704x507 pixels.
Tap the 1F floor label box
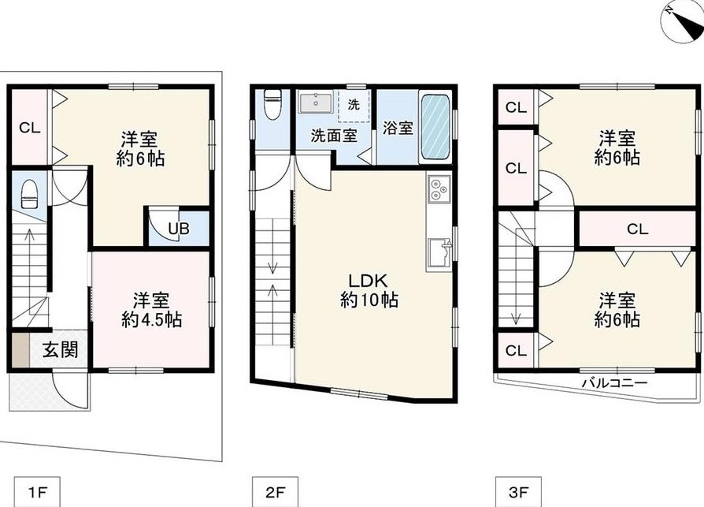[38, 492]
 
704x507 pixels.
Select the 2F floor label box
[275, 492]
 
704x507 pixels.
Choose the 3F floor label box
[518, 492]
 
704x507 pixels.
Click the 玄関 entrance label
[60, 349]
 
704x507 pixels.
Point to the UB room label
[179, 229]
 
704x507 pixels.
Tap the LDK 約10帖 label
[369, 290]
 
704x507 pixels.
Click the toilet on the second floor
[272, 104]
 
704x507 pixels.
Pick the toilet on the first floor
[29, 194]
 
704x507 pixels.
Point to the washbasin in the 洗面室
[316, 103]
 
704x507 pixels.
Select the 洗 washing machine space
[354, 105]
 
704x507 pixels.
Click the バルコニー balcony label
[615, 383]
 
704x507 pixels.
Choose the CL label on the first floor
[30, 128]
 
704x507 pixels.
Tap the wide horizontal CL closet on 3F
[637, 229]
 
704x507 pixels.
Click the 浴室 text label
[398, 128]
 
